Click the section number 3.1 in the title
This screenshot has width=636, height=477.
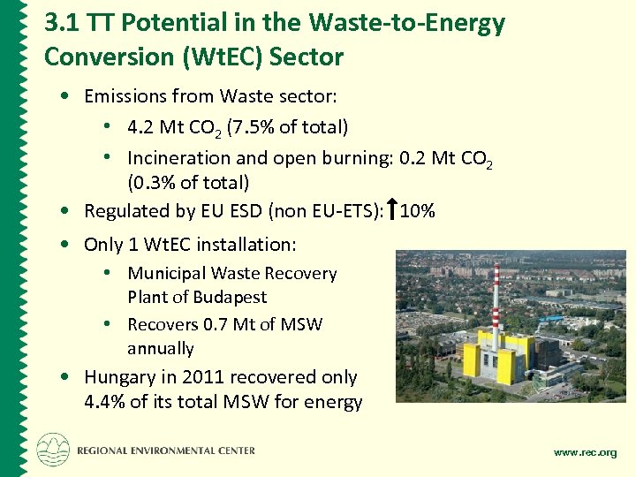61,24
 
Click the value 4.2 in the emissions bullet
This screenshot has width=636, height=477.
140,127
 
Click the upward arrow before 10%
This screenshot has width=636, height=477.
391,210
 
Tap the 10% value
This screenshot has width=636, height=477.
418,211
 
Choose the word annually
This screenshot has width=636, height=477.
160,348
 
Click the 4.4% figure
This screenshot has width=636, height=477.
104,402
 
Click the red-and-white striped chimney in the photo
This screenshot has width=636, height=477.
496,299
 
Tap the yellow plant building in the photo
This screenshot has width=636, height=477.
503,358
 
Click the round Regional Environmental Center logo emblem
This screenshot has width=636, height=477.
52,450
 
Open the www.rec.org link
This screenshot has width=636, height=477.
585,452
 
